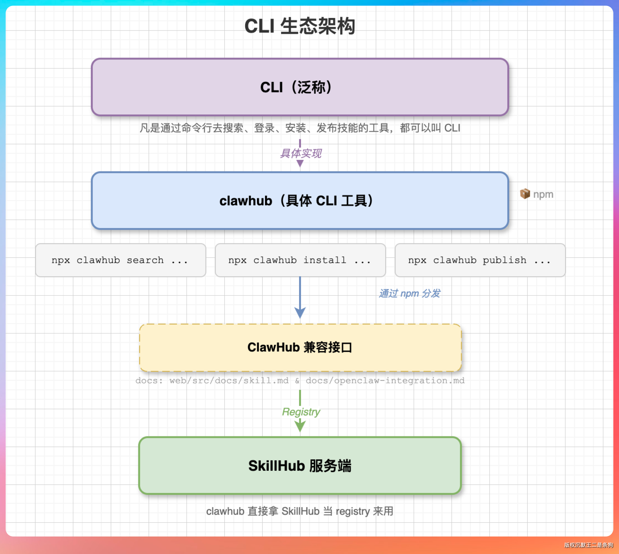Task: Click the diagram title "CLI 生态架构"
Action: pyautogui.click(x=300, y=26)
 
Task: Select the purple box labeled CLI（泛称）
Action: pyautogui.click(x=300, y=87)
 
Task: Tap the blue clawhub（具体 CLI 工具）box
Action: pyautogui.click(x=300, y=201)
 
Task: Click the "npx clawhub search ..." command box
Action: pyautogui.click(x=121, y=260)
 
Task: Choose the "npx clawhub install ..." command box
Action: pyautogui.click(x=300, y=260)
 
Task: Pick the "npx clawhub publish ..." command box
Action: pyautogui.click(x=480, y=260)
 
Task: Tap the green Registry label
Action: pyautogui.click(x=301, y=412)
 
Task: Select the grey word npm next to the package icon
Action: pyautogui.click(x=543, y=194)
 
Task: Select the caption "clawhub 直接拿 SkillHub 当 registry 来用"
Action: pyautogui.click(x=300, y=511)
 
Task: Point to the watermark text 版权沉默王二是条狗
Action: pyautogui.click(x=588, y=545)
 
